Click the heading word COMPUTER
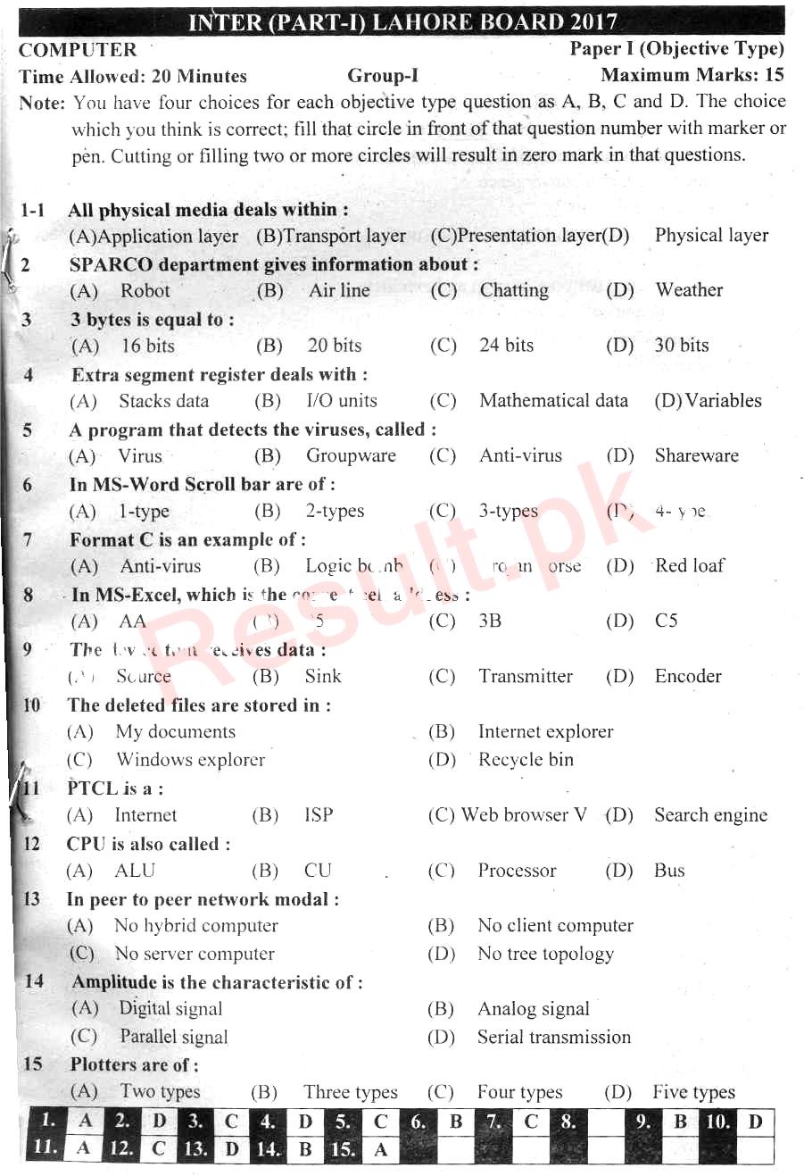[79, 50]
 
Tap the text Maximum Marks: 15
[692, 76]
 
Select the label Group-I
[383, 77]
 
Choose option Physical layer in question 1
[711, 236]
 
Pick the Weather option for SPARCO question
[689, 290]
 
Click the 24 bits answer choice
[506, 346]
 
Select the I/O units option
[342, 401]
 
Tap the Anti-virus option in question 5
[521, 455]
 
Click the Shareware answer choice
[696, 455]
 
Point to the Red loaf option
[690, 565]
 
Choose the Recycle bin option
[526, 760]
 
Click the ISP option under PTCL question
[319, 815]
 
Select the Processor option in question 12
[517, 871]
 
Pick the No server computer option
[195, 954]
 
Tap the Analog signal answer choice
[534, 1009]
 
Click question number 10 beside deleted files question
[31, 705]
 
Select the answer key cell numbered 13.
[195, 1149]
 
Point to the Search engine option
[710, 815]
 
